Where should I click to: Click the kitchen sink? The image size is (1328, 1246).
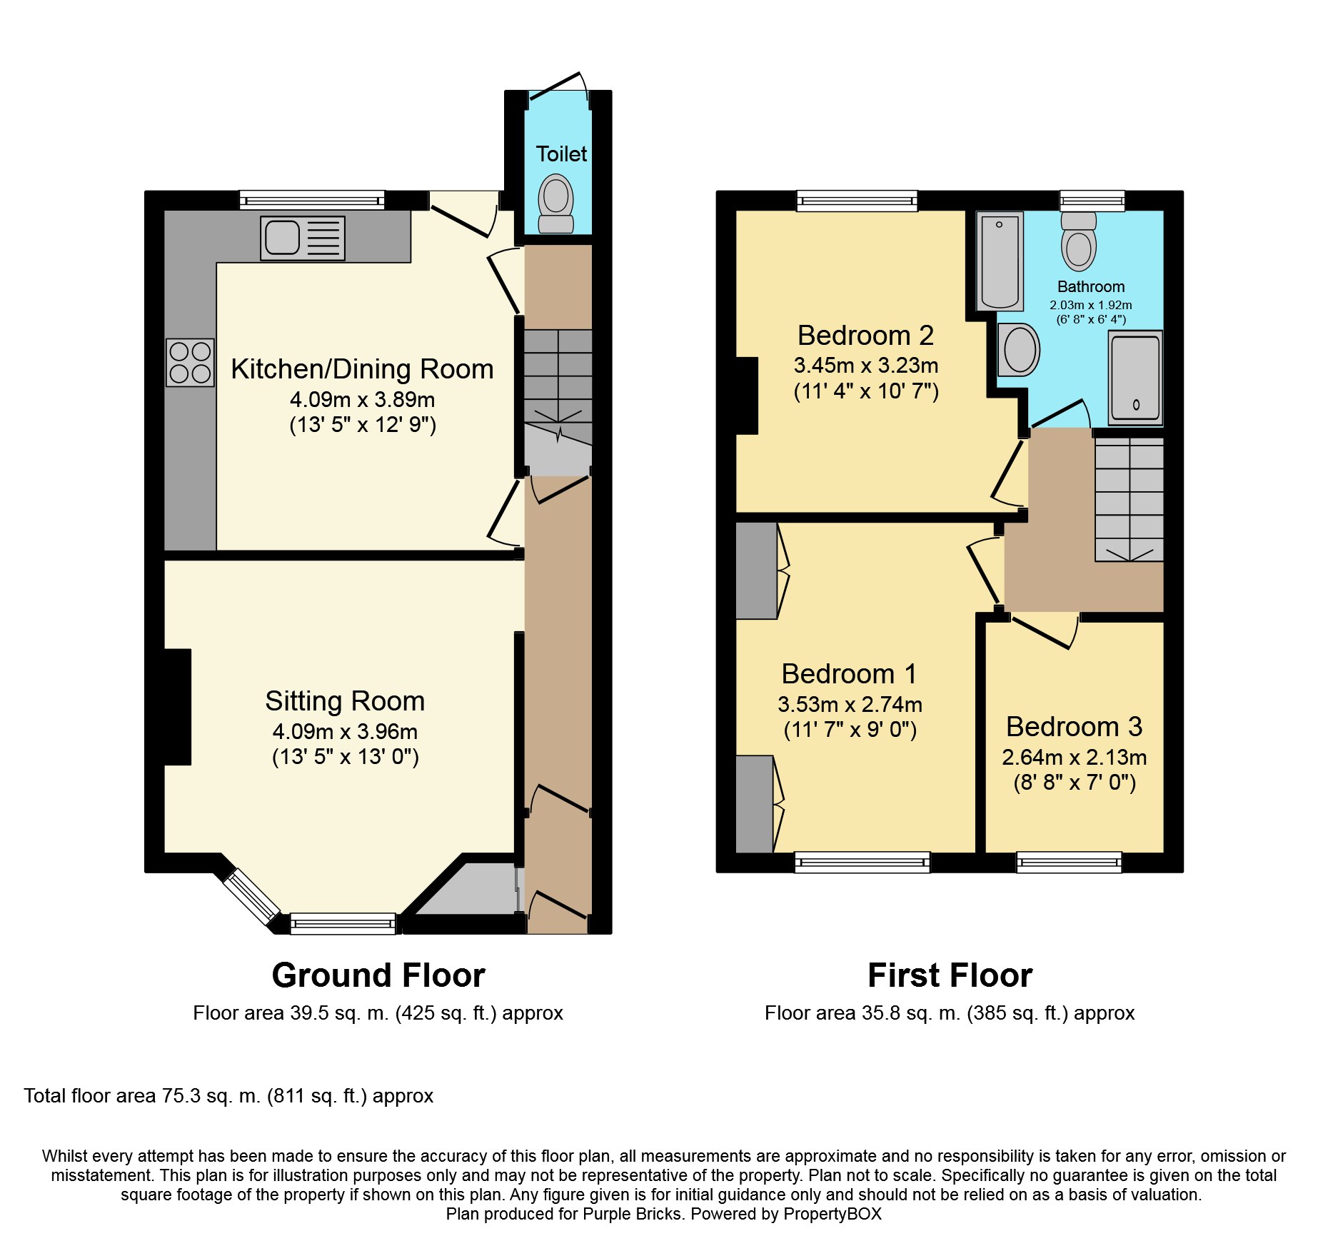tap(303, 238)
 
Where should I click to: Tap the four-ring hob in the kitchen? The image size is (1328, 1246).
tap(190, 362)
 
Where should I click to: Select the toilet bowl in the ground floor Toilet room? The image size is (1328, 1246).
tap(556, 204)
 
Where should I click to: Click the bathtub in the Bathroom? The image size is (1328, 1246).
tap(1000, 261)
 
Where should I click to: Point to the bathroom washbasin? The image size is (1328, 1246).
tap(1018, 350)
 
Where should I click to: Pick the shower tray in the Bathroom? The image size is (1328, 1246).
tap(1135, 378)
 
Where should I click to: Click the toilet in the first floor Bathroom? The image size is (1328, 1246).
tap(1079, 241)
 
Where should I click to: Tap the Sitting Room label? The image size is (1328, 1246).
tap(345, 701)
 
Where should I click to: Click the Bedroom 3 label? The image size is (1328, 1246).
tap(1074, 727)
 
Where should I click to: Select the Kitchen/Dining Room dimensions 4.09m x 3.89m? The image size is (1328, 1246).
tap(362, 400)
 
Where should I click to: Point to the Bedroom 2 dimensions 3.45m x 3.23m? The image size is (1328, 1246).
tap(866, 366)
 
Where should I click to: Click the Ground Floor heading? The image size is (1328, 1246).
tap(378, 975)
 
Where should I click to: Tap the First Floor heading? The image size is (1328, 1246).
tap(950, 975)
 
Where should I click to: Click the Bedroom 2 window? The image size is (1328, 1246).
tap(857, 201)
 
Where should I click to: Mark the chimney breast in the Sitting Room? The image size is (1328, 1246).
tap(178, 707)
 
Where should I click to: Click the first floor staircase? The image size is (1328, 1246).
tap(1130, 499)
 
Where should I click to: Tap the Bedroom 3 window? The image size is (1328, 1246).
tap(1069, 863)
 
